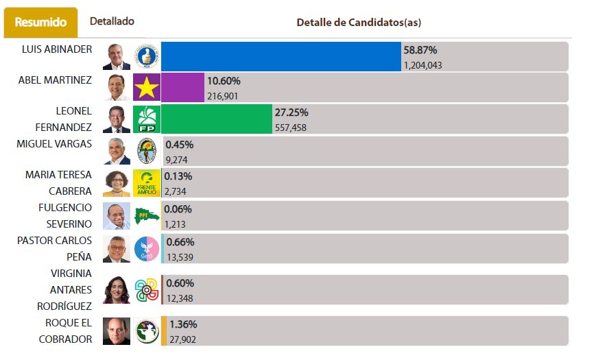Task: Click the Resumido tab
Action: coord(40,23)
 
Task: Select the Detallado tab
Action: coord(112,22)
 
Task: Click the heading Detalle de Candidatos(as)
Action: coord(359,23)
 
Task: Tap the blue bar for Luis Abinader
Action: coord(280,56)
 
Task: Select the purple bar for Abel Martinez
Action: coord(182,88)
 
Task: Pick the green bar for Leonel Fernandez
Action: coord(216,119)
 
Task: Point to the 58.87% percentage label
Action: coord(420,50)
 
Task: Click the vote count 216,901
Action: coord(222,96)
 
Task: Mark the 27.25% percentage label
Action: coord(291,112)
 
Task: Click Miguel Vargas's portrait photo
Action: coord(117,151)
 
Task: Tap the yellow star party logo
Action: coord(147,88)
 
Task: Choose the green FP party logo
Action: coord(147,119)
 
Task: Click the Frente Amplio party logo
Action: coord(147,183)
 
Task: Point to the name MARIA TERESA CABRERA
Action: coord(58,183)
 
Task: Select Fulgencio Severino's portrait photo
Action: coord(117,215)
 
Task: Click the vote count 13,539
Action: coord(180,257)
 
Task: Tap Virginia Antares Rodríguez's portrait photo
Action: coord(117,290)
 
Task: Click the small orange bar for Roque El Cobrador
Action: coord(164,331)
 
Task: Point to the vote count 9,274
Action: coord(176,160)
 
